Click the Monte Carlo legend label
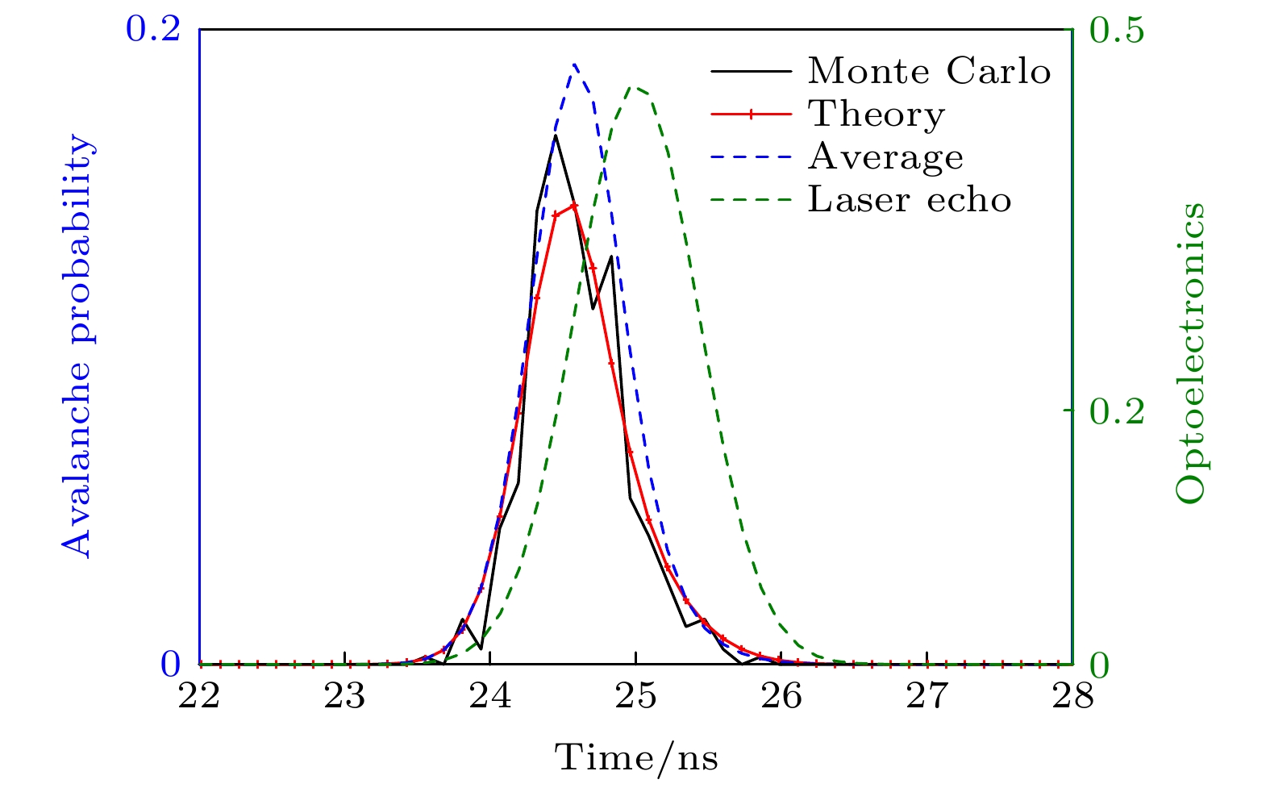point(929,72)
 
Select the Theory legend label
point(876,115)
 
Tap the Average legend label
point(885,156)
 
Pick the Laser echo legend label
point(909,199)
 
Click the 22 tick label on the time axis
point(199,695)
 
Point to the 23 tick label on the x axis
point(345,695)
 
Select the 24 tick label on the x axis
point(490,695)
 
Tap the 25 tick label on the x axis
point(635,695)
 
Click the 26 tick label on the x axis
point(781,695)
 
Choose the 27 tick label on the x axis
point(926,695)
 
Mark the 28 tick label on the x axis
point(1072,695)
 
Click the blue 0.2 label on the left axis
point(151,30)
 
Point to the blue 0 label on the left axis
point(169,665)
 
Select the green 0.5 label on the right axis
point(1116,30)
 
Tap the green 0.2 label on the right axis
point(1116,411)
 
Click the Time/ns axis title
point(635,758)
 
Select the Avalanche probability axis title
point(77,347)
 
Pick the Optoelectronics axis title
point(1190,352)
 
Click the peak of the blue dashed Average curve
point(574,64)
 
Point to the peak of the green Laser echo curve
point(636,87)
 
